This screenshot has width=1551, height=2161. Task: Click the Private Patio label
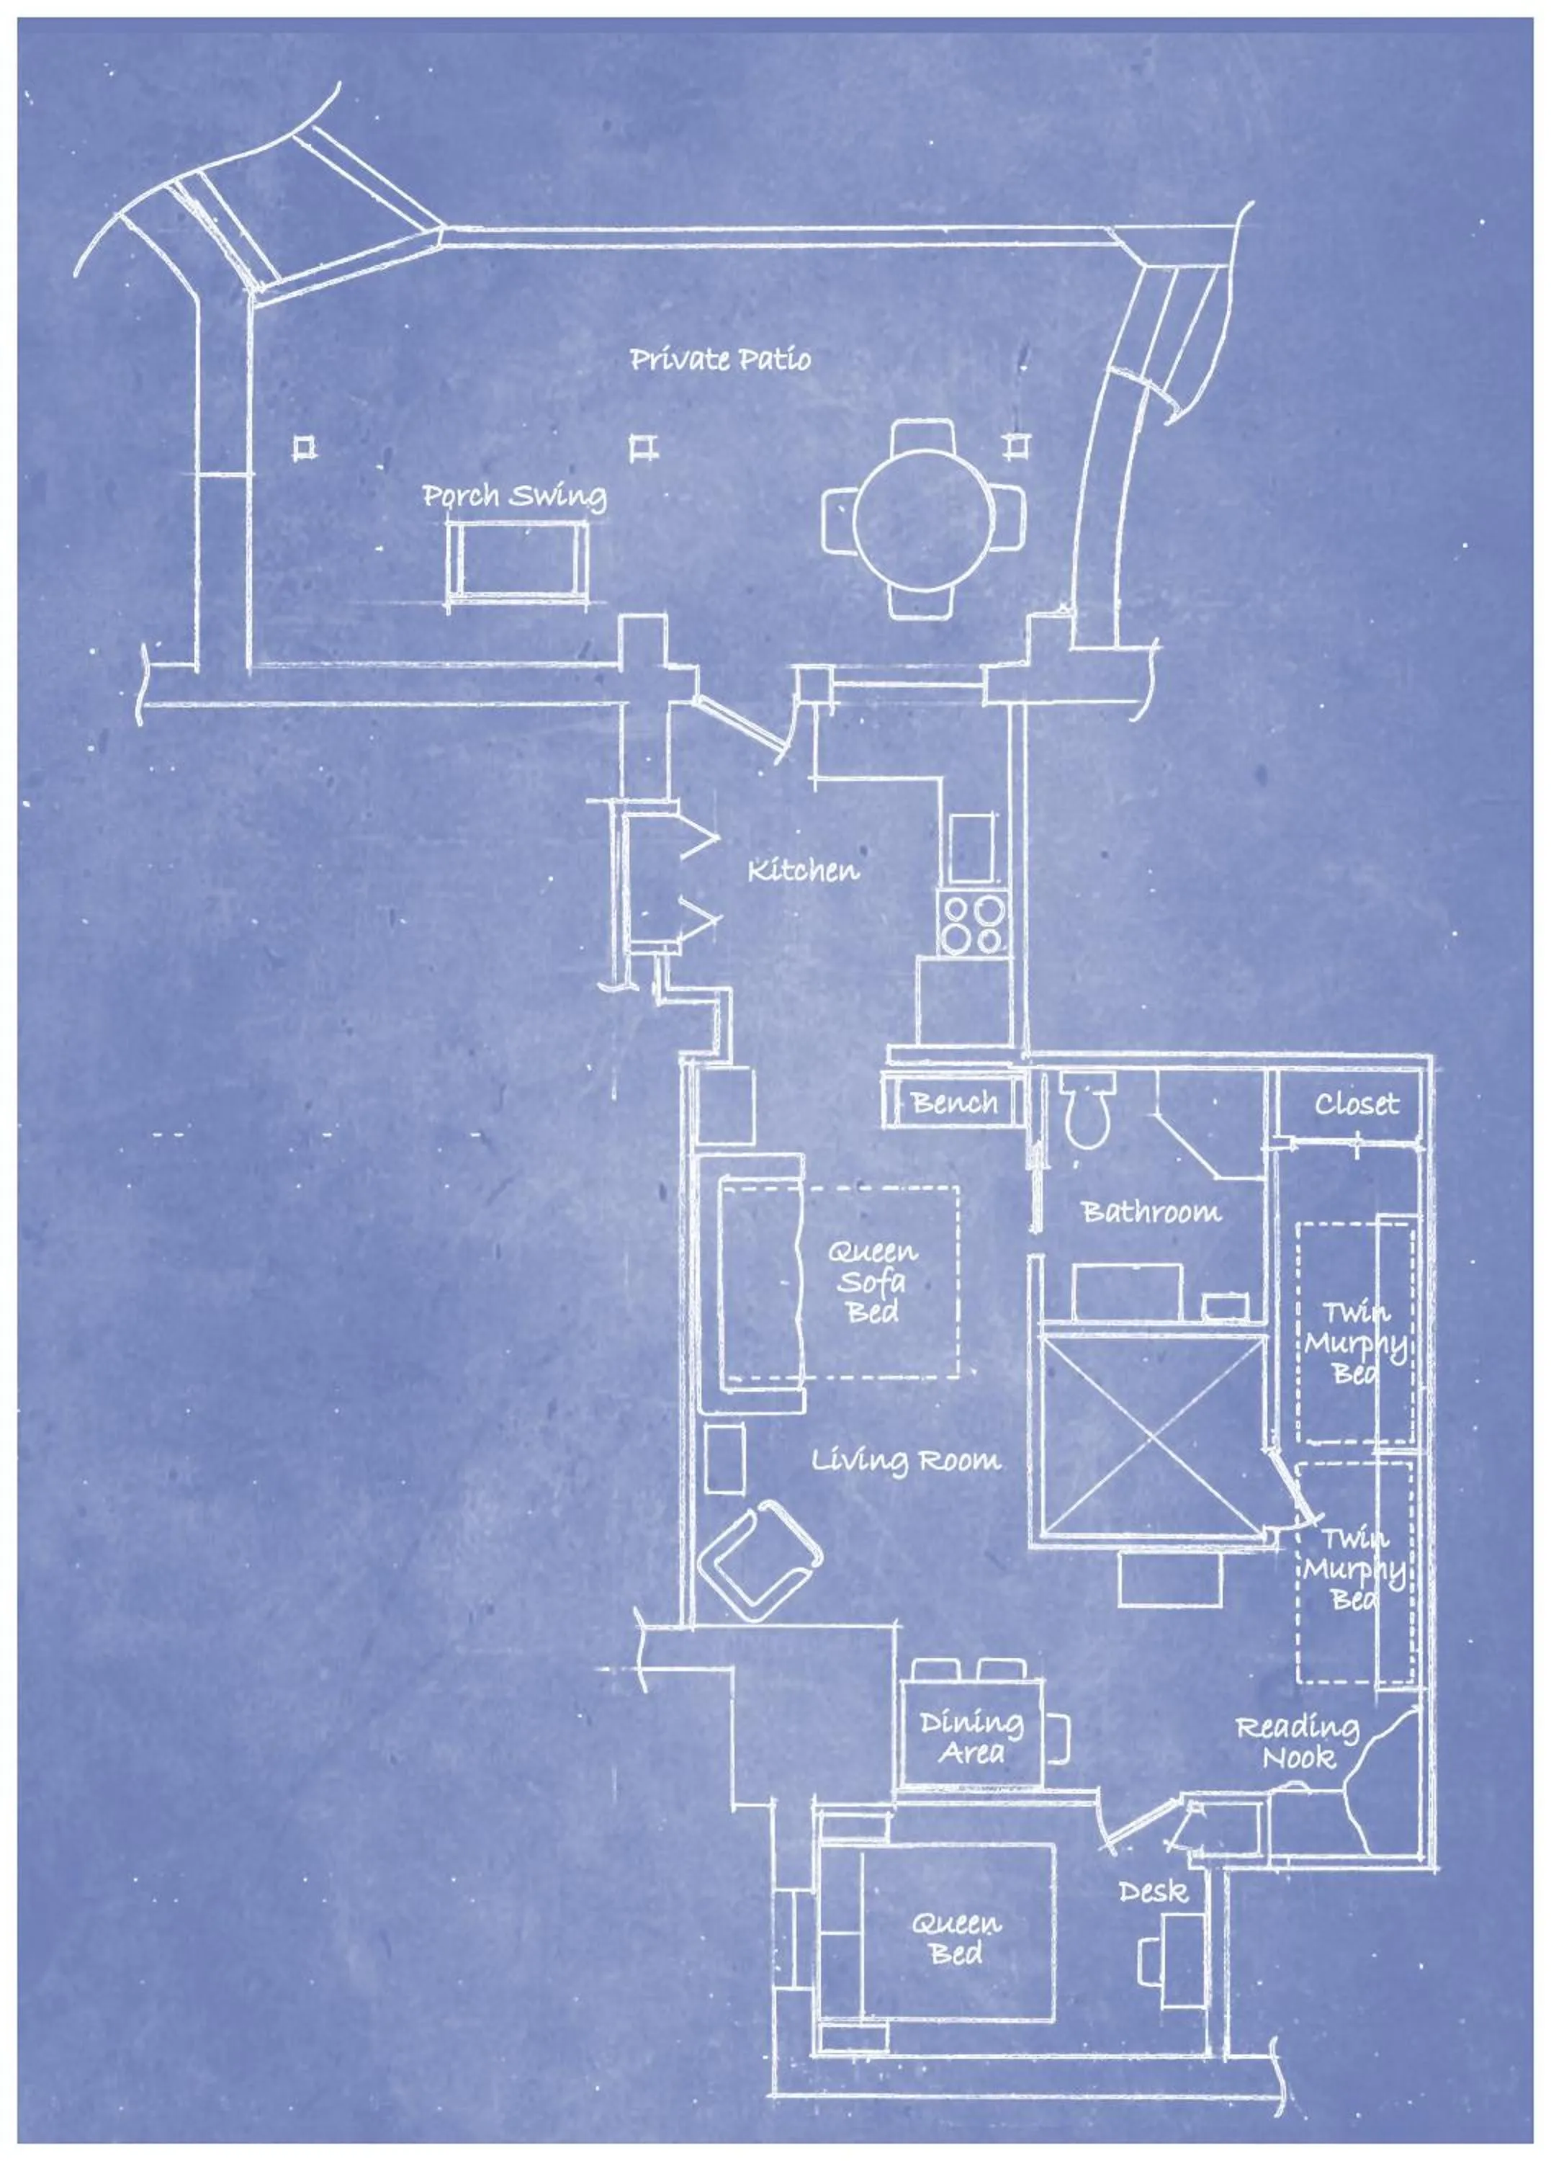tap(720, 359)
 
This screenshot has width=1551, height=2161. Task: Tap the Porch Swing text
tap(514, 496)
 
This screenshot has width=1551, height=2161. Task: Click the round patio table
tap(924, 519)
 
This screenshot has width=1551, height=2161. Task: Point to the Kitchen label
tap(802, 870)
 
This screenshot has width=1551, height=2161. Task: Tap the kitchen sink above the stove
tap(972, 847)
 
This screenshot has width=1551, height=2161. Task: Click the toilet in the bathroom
tap(1086, 1110)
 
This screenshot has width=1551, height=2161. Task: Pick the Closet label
tap(1357, 1104)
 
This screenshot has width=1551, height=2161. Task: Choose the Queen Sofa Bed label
tap(872, 1281)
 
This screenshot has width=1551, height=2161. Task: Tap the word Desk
tap(1153, 1892)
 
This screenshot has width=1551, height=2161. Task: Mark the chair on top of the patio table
tap(923, 441)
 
